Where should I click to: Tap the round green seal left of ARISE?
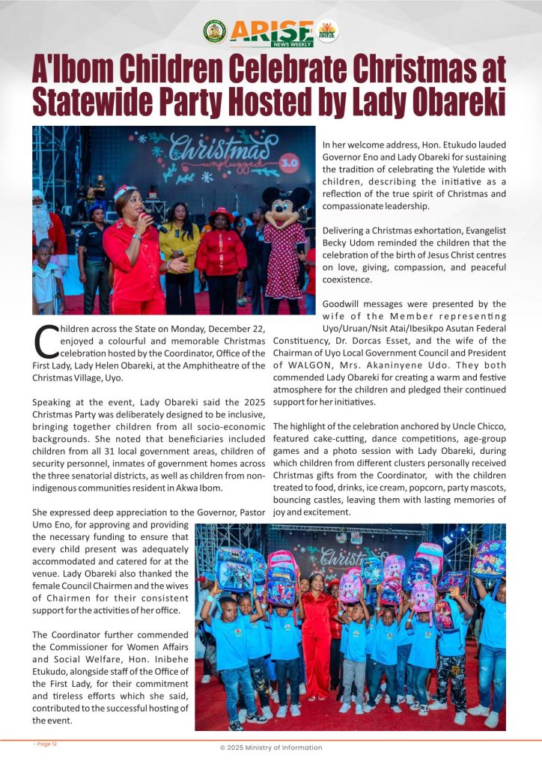point(214,31)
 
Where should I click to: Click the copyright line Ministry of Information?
point(270,748)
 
